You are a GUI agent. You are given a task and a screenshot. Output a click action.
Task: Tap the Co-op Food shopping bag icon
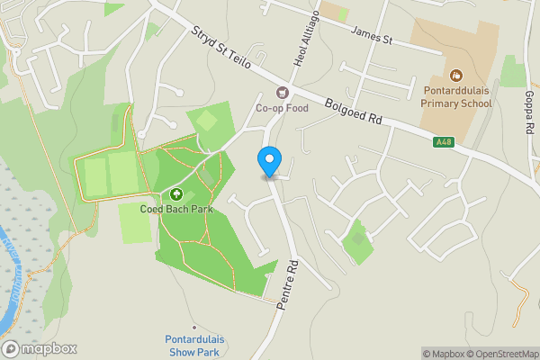coord(283,93)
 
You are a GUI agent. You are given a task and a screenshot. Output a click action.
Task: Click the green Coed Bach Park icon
coord(176,193)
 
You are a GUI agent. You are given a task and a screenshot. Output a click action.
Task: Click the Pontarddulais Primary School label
coord(456,96)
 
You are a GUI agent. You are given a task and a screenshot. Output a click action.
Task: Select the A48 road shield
coord(444,141)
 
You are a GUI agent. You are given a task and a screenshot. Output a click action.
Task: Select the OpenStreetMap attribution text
coord(505,354)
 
